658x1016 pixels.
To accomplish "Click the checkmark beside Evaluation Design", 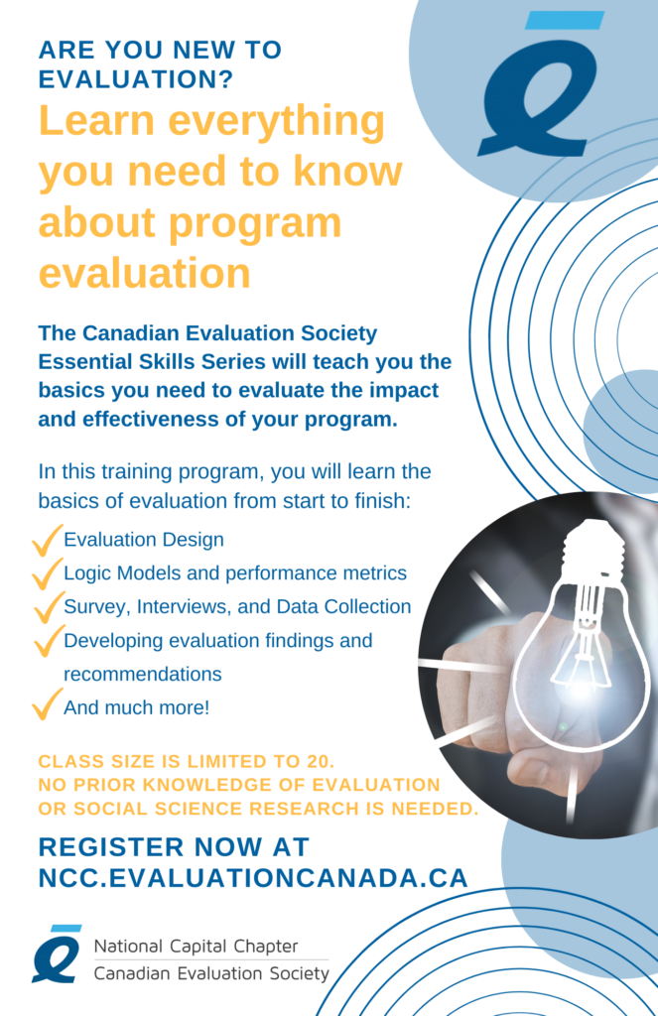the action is coord(47,541).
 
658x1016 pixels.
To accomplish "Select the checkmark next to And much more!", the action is coord(47,703).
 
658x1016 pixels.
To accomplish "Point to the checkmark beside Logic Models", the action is coord(47,573).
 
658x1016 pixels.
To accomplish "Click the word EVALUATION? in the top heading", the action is coord(136,79).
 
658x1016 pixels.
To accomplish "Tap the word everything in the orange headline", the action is coord(277,123).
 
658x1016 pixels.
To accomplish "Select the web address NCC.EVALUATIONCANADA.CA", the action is coord(253,878).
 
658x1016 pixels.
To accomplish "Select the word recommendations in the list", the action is coord(143,674).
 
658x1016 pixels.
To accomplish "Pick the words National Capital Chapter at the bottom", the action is coord(196,946).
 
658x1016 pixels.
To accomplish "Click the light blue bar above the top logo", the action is coord(564,20).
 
